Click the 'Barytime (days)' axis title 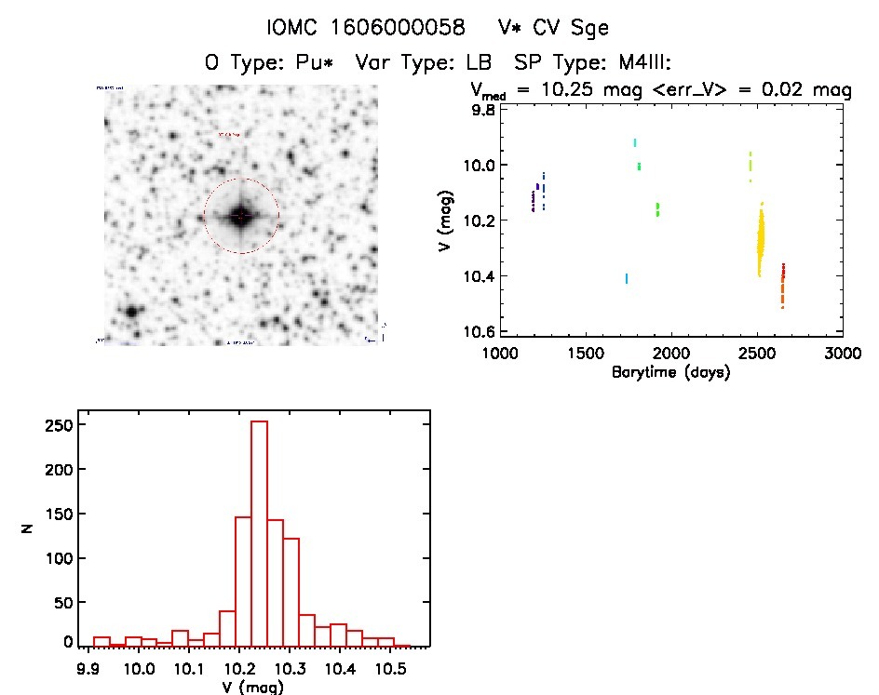670,372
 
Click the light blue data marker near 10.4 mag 627,278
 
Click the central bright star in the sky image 241,216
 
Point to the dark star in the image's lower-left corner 131,311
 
